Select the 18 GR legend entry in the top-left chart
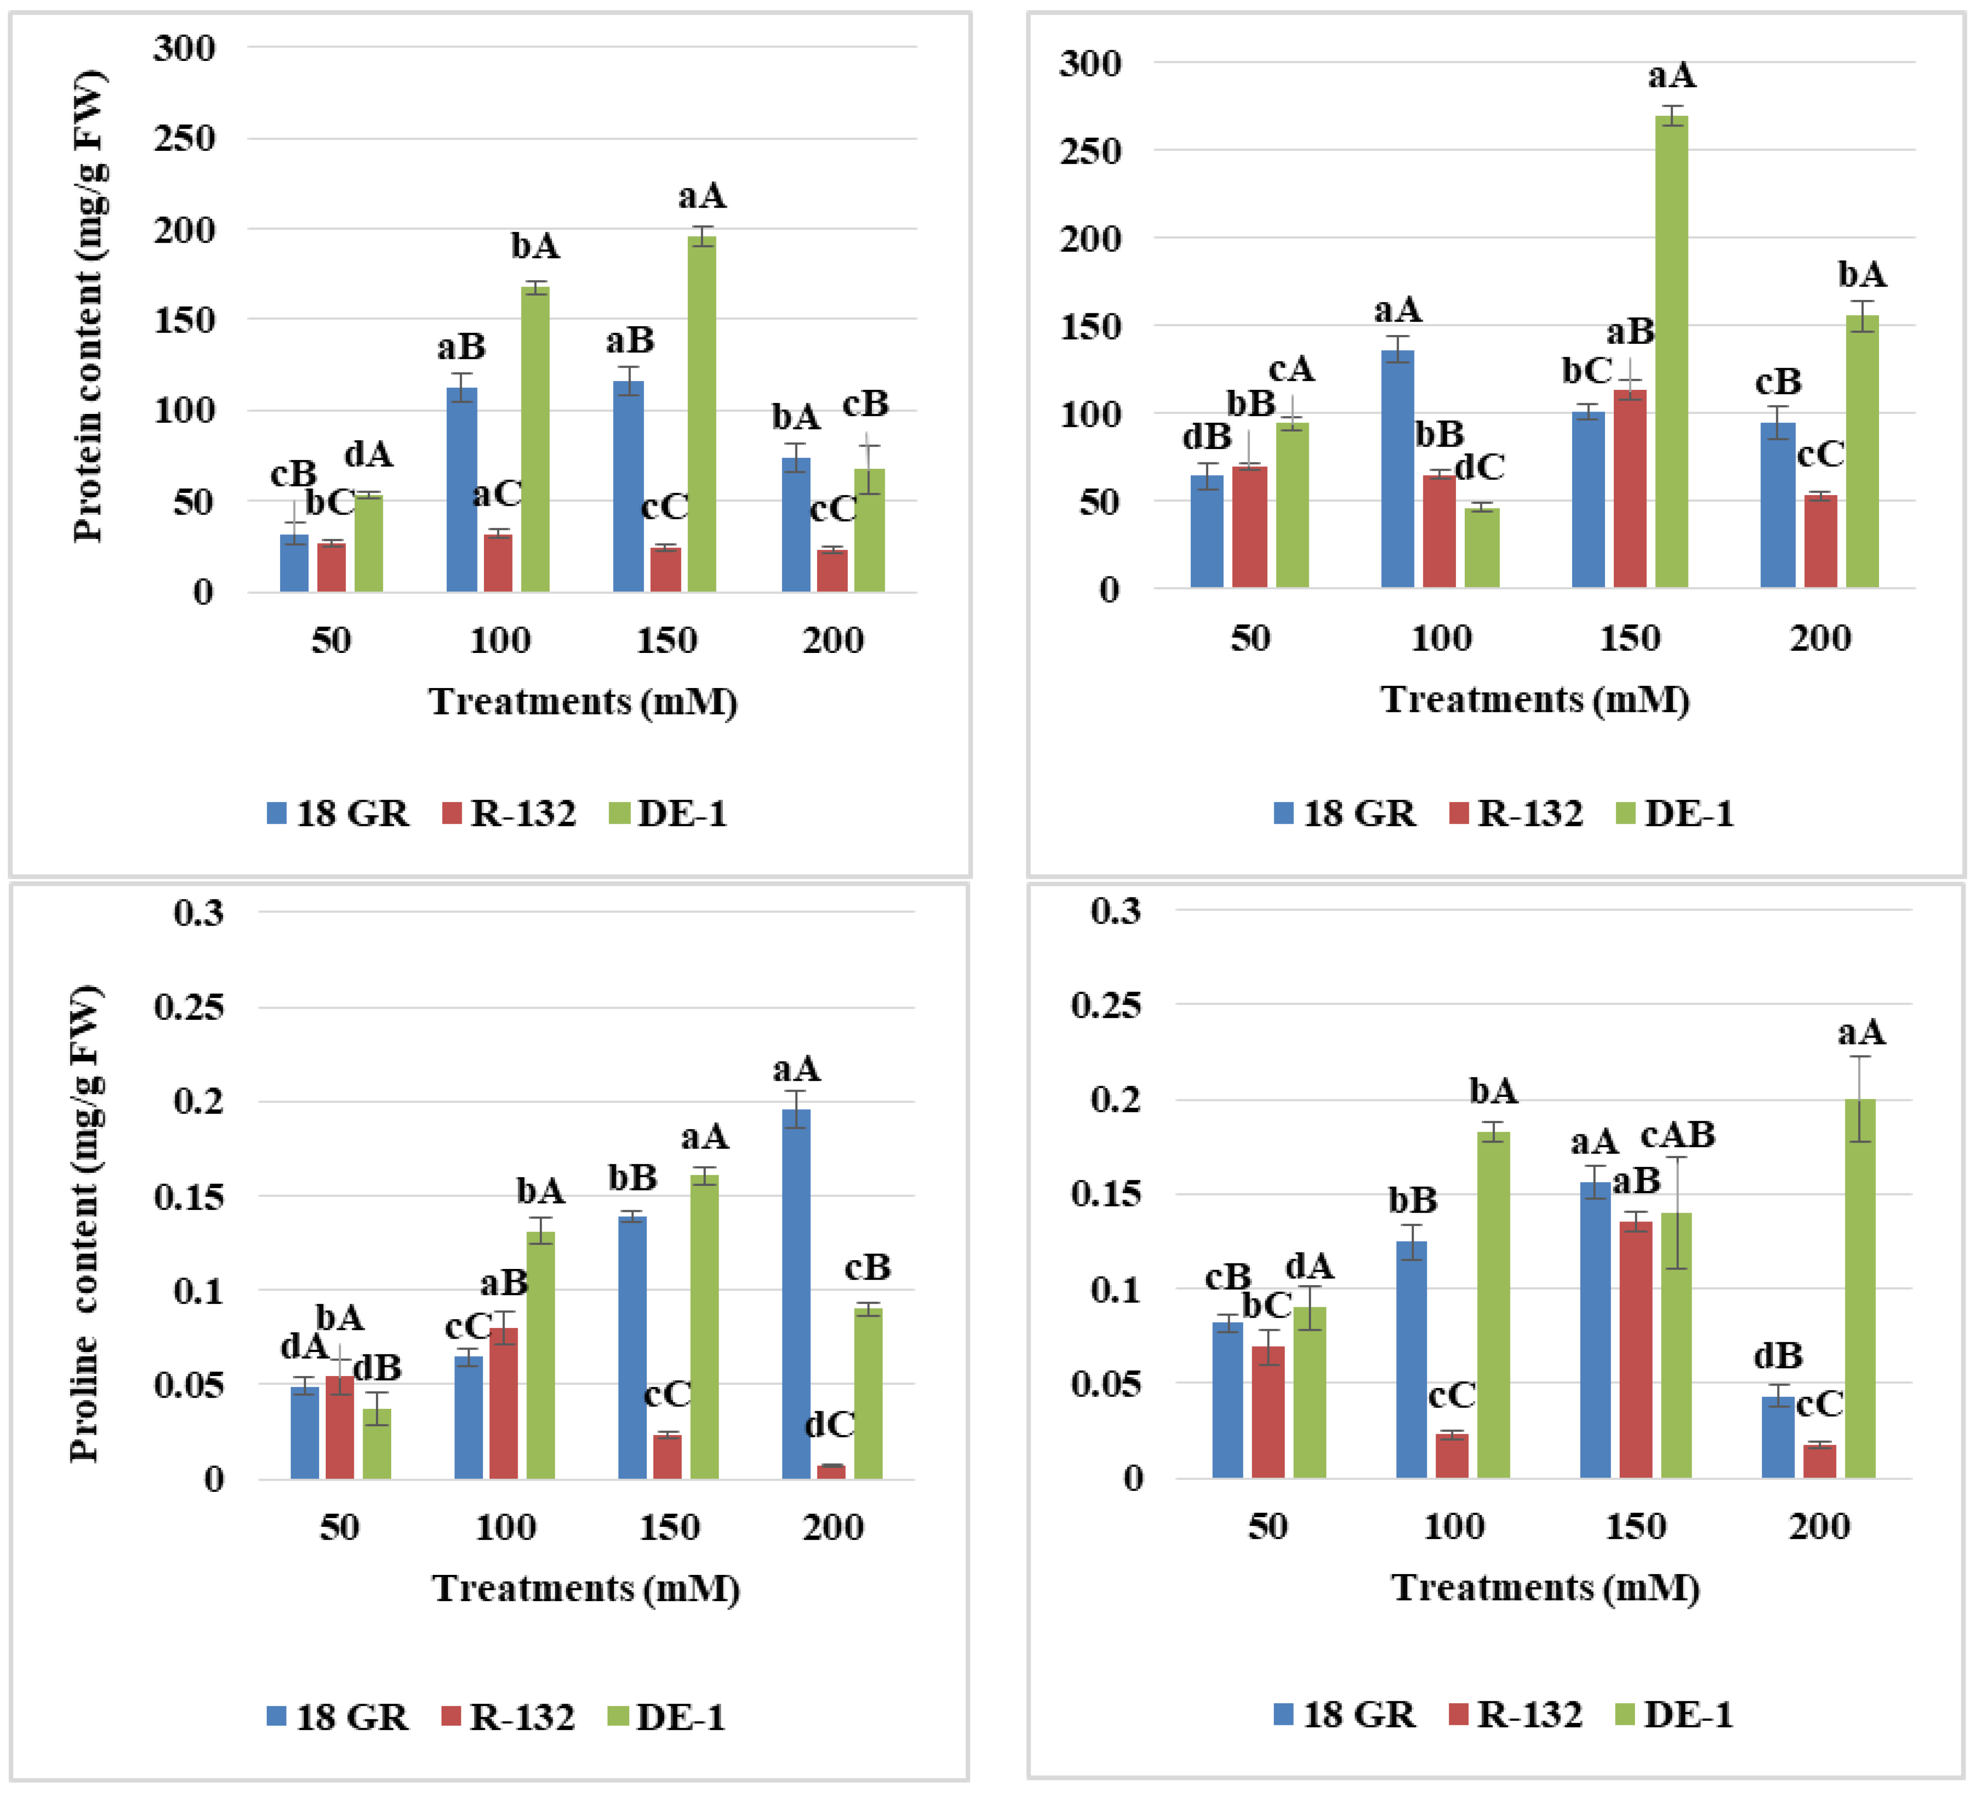coord(338,813)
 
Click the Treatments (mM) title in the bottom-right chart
coord(1545,1587)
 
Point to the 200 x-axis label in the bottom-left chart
coord(833,1526)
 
